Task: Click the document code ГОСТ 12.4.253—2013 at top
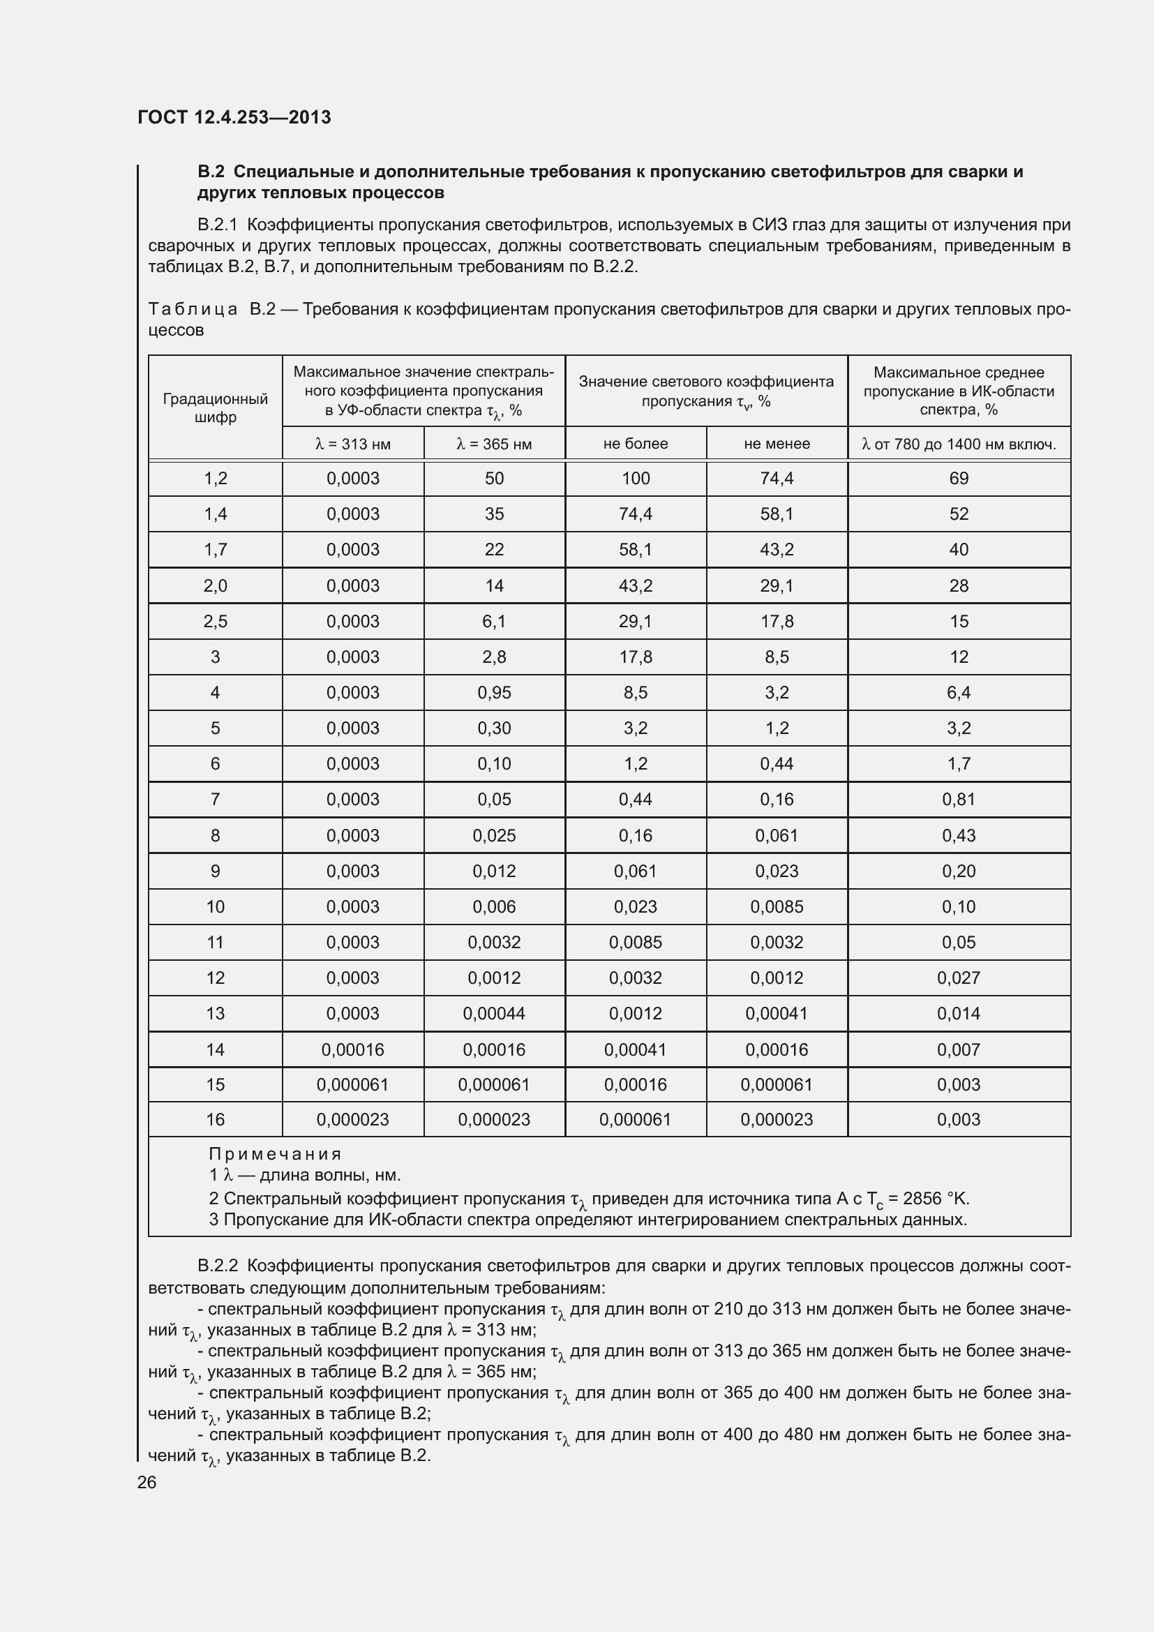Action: pyautogui.click(x=234, y=117)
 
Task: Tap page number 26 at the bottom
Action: pyautogui.click(x=147, y=1482)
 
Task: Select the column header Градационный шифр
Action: pyautogui.click(x=216, y=408)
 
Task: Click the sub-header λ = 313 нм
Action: pyautogui.click(x=352, y=444)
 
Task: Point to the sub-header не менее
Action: pyautogui.click(x=777, y=444)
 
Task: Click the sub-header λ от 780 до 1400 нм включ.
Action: pyautogui.click(x=958, y=444)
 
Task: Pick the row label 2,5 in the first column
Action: pyautogui.click(x=216, y=621)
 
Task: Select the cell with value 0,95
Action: pyautogui.click(x=494, y=692)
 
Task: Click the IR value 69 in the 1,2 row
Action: pyautogui.click(x=959, y=479)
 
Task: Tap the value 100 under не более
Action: pyautogui.click(x=636, y=479)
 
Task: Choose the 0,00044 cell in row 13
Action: pyautogui.click(x=494, y=1014)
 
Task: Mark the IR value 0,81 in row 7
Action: pyautogui.click(x=959, y=800)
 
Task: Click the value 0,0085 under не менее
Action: pyautogui.click(x=777, y=907)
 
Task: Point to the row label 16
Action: pyautogui.click(x=216, y=1119)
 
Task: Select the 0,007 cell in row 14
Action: pyautogui.click(x=959, y=1049)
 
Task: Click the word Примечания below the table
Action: pyautogui.click(x=275, y=1154)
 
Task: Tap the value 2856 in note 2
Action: pyautogui.click(x=923, y=1199)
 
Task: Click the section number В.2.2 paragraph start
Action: pyautogui.click(x=217, y=1266)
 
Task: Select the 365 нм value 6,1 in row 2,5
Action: pyautogui.click(x=494, y=621)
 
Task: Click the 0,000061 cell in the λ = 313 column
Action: pyautogui.click(x=352, y=1085)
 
